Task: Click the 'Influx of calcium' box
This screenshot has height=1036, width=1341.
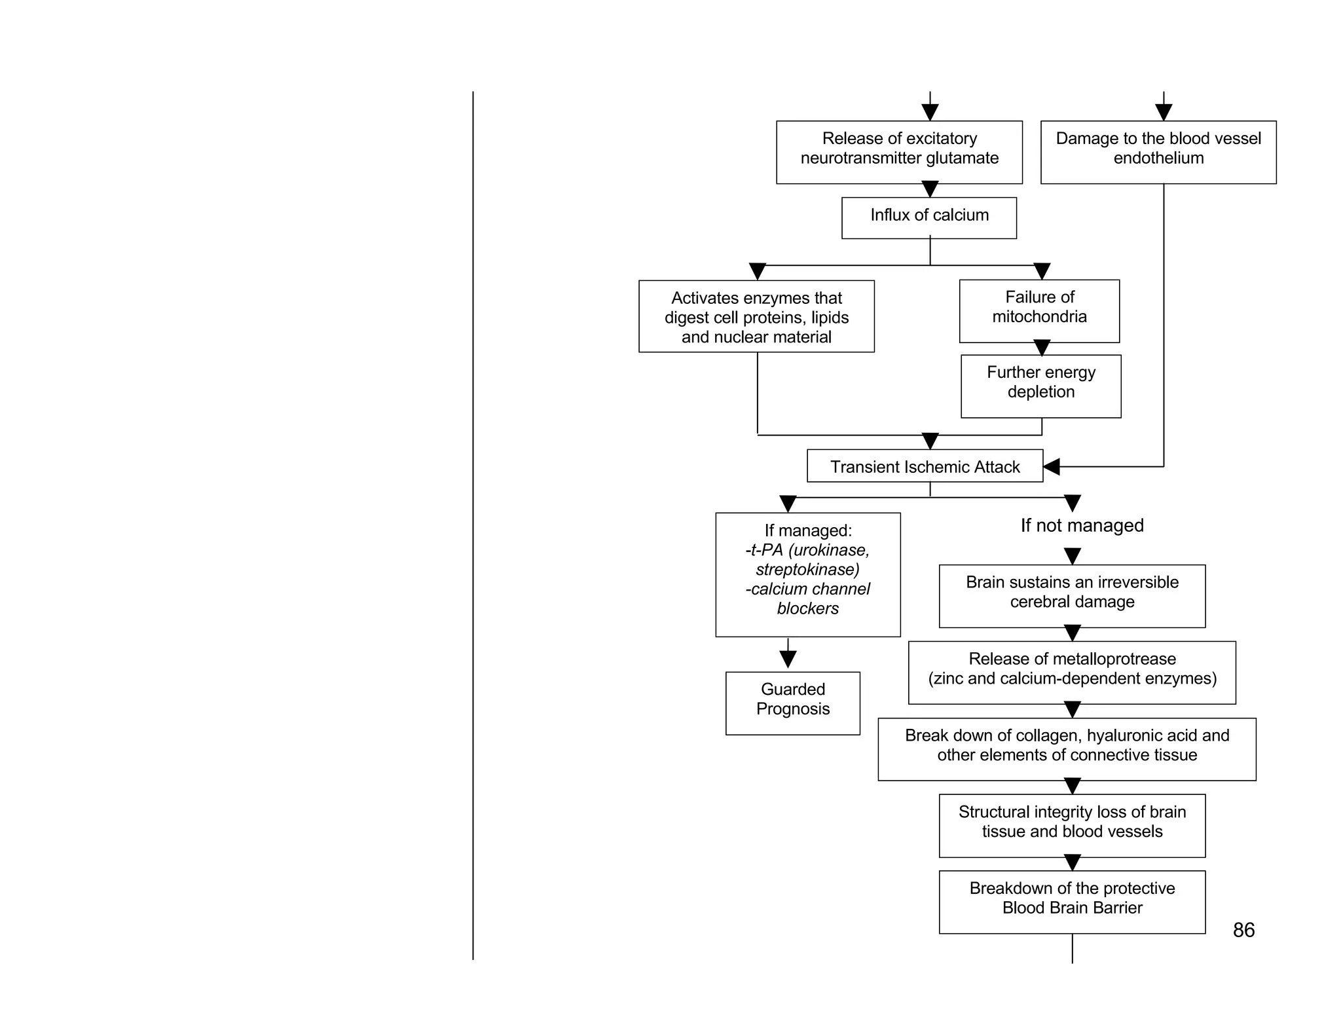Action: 928,217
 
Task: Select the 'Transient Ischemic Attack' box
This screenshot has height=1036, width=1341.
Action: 925,466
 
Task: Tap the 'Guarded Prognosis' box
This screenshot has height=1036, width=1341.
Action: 792,703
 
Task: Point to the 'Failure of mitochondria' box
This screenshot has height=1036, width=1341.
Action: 1039,311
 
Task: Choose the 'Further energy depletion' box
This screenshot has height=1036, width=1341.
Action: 1040,386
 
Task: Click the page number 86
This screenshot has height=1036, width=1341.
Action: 1243,930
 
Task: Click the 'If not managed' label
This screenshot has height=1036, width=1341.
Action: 1082,525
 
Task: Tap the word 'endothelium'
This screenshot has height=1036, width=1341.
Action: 1158,158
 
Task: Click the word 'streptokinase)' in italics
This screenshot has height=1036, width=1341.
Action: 807,570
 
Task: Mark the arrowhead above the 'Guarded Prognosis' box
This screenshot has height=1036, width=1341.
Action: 788,659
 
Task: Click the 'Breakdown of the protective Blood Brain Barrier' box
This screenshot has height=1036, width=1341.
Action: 1072,902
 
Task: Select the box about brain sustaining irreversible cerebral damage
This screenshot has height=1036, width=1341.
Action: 1072,596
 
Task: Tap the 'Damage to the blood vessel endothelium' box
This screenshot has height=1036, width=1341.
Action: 1158,152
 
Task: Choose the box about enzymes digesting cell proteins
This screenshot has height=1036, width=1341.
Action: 756,316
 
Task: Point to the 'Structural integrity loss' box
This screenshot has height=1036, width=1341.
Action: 1072,825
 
